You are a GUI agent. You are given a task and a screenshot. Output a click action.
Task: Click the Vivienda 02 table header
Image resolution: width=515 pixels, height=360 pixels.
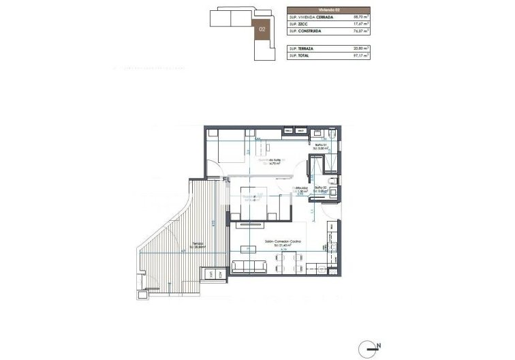pos(329,10)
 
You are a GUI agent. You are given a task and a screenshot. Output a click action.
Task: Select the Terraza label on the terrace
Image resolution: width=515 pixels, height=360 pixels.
pos(197,243)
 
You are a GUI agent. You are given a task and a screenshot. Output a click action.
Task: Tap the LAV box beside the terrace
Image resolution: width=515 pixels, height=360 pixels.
pos(212,274)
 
